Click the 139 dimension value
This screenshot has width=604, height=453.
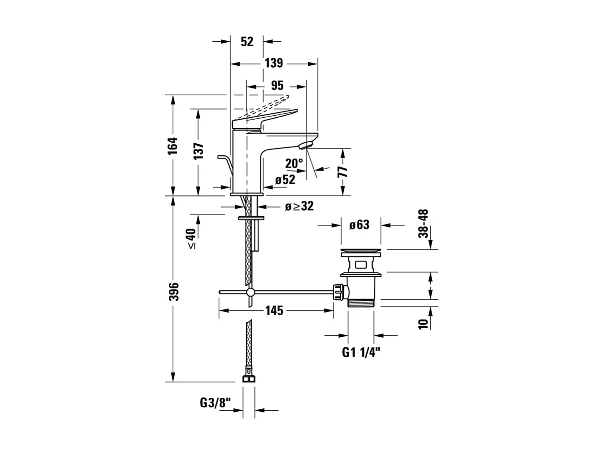point(273,63)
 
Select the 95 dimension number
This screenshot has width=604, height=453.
point(277,86)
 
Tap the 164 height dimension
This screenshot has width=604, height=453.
point(173,146)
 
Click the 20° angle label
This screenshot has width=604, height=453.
point(294,164)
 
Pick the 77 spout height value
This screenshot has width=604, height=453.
point(343,171)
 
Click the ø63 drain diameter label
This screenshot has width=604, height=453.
point(359,225)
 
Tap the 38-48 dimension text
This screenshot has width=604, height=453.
point(423,223)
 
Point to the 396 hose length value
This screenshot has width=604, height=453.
point(174,292)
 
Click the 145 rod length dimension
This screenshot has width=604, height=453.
point(274,311)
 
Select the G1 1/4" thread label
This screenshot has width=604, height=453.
point(361,353)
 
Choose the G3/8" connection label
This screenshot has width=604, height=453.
point(216,403)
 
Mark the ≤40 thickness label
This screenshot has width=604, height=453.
point(192,239)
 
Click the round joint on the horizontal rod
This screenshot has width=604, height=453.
point(250,292)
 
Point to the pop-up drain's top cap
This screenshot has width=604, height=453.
point(361,251)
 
